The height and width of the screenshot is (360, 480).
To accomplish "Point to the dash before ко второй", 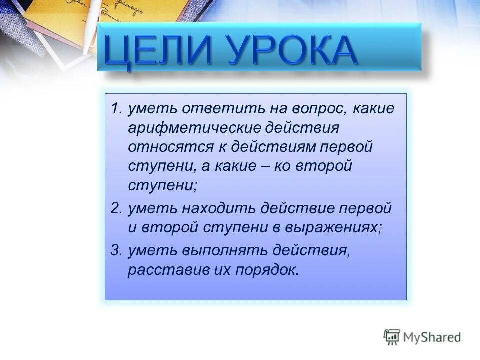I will tap(263, 166).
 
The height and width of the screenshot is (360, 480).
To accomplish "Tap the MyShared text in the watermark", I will tap(432, 337).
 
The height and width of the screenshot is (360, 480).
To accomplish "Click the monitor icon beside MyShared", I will tap(392, 337).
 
